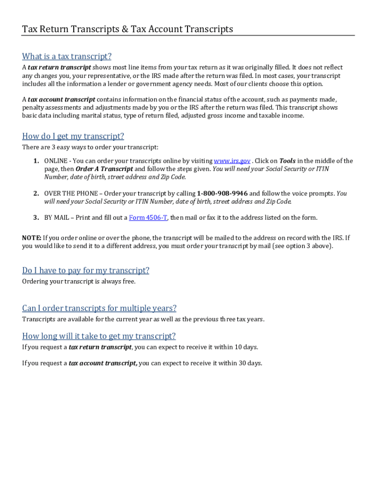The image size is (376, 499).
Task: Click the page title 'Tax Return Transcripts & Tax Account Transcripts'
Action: tap(127, 29)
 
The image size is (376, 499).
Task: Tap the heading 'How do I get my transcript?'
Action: tap(73, 136)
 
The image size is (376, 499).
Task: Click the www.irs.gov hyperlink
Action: tap(232, 161)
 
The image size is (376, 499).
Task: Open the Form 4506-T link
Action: tap(148, 218)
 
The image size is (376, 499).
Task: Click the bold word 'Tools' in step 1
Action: tap(287, 161)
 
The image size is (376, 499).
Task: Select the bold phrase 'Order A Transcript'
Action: tap(104, 169)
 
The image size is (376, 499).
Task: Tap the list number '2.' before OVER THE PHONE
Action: tap(36, 193)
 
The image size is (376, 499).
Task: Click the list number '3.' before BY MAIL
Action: tap(36, 218)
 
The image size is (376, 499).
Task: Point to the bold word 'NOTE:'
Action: tap(32, 238)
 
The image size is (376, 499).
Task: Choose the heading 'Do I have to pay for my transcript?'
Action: tap(85, 270)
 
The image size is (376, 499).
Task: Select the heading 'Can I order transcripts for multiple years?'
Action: tap(99, 308)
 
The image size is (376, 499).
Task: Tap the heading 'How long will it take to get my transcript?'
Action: tap(99, 336)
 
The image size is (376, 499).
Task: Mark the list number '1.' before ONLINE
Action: tap(36, 161)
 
